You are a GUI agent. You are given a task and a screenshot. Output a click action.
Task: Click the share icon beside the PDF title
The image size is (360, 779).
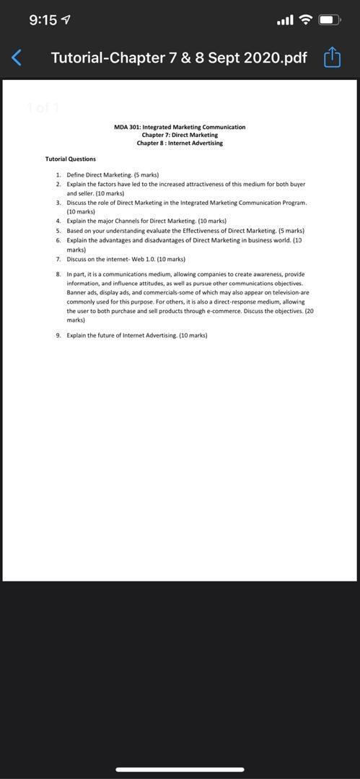332,57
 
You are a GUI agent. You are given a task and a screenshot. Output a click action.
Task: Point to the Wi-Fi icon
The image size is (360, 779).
305,20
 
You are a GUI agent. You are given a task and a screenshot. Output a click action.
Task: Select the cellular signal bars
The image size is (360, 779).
285,20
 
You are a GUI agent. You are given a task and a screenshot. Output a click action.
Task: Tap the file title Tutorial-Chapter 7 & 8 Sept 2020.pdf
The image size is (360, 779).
179,57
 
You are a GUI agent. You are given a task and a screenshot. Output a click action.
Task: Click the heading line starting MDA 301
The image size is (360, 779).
180,127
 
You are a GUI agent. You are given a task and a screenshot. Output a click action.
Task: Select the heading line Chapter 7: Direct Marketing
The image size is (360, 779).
180,135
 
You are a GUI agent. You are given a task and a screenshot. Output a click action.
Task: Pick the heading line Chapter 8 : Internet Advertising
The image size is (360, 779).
180,143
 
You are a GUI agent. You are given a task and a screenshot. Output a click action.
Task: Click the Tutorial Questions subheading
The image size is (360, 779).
70,159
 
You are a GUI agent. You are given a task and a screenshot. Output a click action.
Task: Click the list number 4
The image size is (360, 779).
58,221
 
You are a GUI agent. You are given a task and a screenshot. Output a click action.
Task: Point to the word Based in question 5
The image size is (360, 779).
75,231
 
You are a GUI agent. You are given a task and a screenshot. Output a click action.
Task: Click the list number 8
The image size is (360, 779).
58,275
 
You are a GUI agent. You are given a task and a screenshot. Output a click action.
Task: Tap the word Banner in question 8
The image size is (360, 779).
76,293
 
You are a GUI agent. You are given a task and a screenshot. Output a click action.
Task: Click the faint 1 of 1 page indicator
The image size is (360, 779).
43,108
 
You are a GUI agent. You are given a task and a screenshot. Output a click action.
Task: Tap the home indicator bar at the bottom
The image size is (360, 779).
180,770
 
